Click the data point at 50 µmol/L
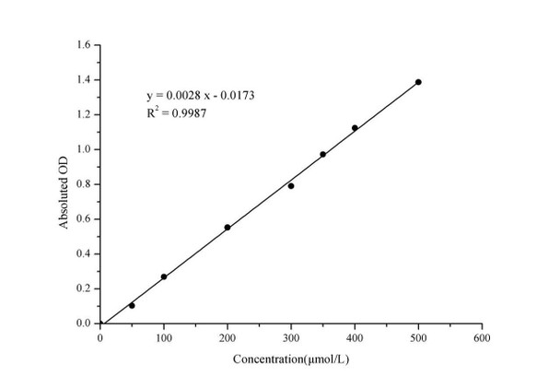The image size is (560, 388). (x=132, y=305)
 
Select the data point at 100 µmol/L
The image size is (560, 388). (x=164, y=276)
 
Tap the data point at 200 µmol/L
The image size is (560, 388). (x=227, y=227)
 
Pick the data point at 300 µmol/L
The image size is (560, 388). (x=291, y=186)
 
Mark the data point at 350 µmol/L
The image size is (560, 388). (x=322, y=154)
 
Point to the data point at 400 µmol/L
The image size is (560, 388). (x=355, y=128)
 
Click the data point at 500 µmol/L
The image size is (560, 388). (x=418, y=82)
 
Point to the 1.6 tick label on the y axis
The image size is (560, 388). (x=83, y=44)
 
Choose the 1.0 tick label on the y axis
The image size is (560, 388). (x=83, y=149)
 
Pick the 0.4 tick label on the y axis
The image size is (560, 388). (x=83, y=253)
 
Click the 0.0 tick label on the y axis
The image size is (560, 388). (x=83, y=323)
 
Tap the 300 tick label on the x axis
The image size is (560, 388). (x=291, y=338)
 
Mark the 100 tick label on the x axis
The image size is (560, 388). (x=164, y=338)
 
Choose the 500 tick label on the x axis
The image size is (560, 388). (x=418, y=338)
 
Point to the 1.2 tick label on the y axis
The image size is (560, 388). (x=83, y=114)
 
